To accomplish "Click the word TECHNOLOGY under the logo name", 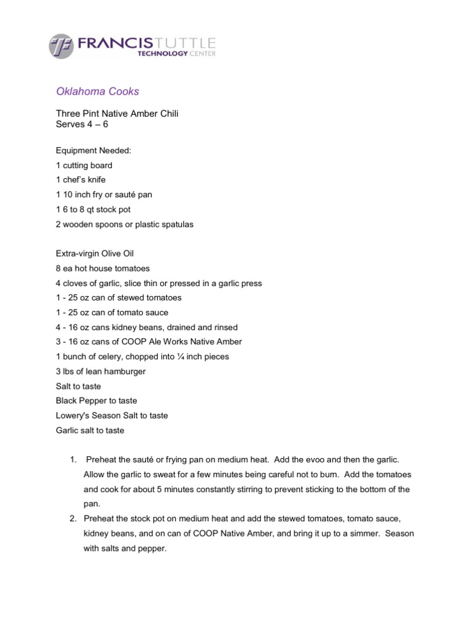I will pos(162,54).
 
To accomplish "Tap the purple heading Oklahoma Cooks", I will pos(98,91).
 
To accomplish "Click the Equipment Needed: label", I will pos(93,150).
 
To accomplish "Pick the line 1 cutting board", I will pos(84,165).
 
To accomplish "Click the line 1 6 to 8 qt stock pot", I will pos(93,210).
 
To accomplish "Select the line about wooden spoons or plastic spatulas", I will pos(124,224).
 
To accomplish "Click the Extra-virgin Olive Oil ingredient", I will pos(95,253).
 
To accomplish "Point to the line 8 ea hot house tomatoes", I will pos(103,268).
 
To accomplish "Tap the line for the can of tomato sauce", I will pos(112,313).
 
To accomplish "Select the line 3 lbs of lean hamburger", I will pos(101,372).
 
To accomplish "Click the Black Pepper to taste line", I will pos(96,401).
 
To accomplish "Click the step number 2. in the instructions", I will pos(72,519).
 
